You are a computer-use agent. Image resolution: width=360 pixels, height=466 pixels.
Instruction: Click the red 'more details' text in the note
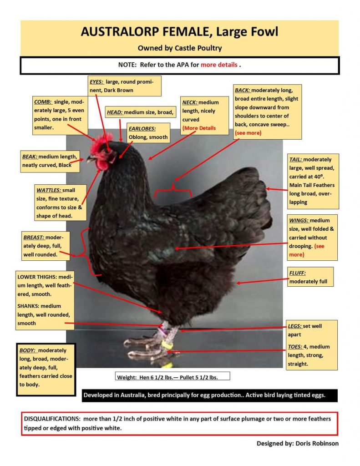pyautogui.click(x=219, y=65)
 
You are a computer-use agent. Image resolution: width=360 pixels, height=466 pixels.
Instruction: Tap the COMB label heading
pyautogui.click(x=43, y=102)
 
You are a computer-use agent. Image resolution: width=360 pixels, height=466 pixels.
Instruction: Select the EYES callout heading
pyautogui.click(x=96, y=81)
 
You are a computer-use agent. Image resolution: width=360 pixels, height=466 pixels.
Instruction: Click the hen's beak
pyautogui.click(x=91, y=159)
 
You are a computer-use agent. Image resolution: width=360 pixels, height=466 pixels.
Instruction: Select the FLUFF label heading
pyautogui.click(x=298, y=273)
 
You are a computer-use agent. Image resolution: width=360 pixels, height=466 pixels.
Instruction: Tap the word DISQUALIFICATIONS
pyautogui.click(x=52, y=418)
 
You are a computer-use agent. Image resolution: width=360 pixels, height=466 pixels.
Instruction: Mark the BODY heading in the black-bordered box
pyautogui.click(x=28, y=350)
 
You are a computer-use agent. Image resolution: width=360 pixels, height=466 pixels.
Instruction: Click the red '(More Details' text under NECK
pyautogui.click(x=199, y=128)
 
